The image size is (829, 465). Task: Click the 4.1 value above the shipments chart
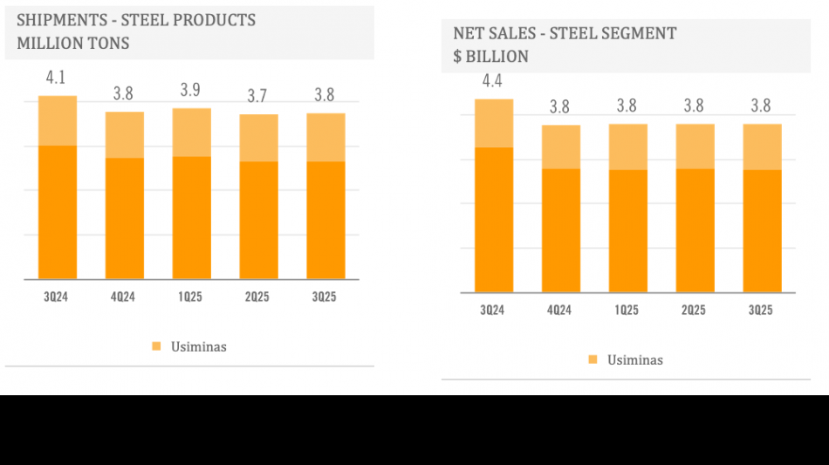click(56, 78)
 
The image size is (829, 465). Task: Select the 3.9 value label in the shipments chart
click(190, 91)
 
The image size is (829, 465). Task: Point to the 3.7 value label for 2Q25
click(257, 96)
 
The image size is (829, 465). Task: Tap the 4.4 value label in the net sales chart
click(492, 81)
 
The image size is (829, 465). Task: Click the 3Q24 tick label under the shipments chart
click(56, 297)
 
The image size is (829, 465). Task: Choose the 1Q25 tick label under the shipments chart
click(190, 297)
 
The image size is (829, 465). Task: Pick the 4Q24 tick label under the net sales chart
click(560, 311)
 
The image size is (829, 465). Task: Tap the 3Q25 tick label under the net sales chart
click(761, 311)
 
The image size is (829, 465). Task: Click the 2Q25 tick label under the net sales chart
click(694, 311)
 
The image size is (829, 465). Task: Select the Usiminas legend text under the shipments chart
click(198, 347)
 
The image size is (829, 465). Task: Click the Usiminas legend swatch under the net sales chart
click(593, 359)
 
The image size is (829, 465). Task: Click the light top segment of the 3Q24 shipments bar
click(57, 120)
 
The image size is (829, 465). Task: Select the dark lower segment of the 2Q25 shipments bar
click(258, 220)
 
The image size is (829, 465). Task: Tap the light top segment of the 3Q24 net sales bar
click(493, 123)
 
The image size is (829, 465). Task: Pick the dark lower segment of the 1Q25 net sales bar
click(627, 230)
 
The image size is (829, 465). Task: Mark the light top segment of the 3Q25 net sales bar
click(762, 147)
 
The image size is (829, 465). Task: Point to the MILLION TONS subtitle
click(72, 43)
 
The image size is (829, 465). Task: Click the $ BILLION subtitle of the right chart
click(490, 57)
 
